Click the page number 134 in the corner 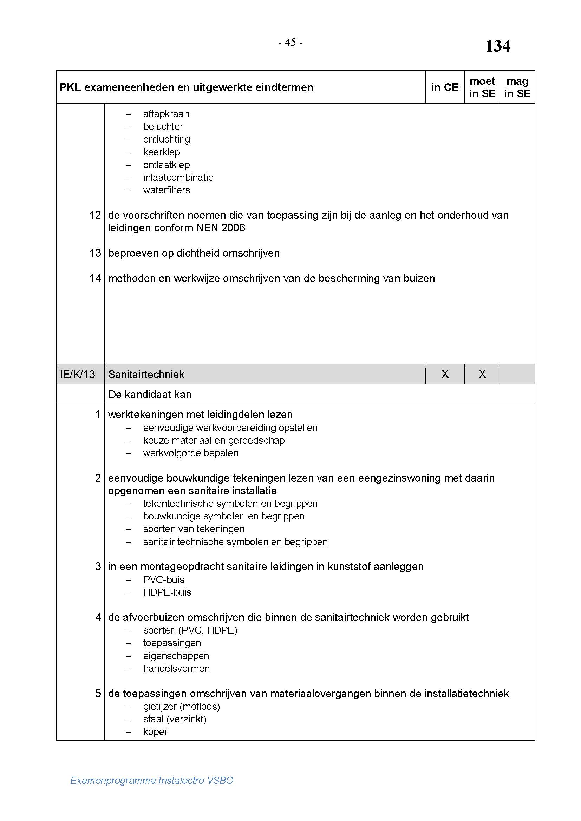[x=497, y=46]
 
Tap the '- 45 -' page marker [x=290, y=42]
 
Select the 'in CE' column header [x=445, y=87]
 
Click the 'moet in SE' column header [x=482, y=87]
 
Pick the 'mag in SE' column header [x=517, y=87]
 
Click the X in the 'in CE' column [x=445, y=374]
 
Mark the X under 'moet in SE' [x=482, y=374]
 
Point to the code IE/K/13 [x=77, y=375]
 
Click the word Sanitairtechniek [x=146, y=375]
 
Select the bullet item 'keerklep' [x=161, y=152]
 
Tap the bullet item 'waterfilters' [x=167, y=190]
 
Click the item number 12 [x=95, y=215]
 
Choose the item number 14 [x=95, y=278]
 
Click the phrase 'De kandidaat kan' [x=150, y=395]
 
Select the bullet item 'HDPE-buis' [x=167, y=592]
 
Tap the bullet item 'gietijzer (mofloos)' [x=181, y=707]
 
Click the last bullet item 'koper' [x=155, y=732]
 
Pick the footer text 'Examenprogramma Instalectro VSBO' [x=152, y=780]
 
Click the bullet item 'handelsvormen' [x=176, y=669]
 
